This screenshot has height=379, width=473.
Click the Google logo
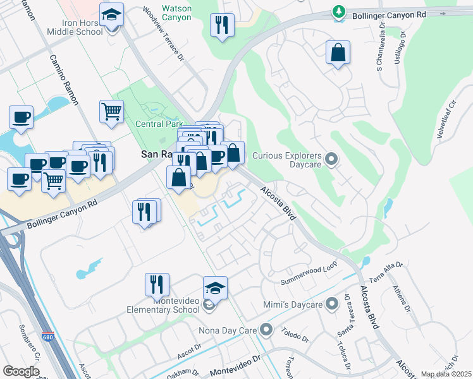point(21,371)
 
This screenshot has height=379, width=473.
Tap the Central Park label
point(159,124)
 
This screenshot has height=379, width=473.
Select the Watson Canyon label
point(176,13)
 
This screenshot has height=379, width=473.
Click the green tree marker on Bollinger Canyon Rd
point(340,12)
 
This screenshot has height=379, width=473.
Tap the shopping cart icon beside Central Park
point(111,111)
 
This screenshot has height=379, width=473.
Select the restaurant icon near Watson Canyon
point(222,25)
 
